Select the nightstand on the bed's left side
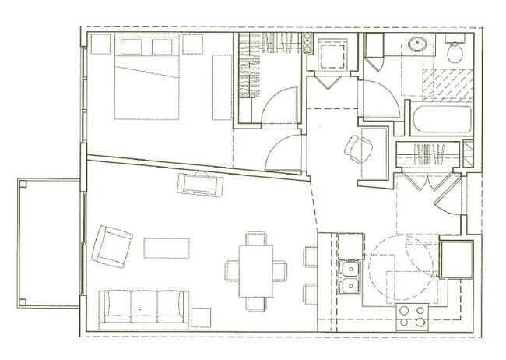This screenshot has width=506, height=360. coord(100,44)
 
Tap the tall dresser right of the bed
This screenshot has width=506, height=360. coord(222,86)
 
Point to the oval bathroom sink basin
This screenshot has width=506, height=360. coord(420,44)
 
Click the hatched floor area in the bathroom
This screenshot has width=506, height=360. coord(447,85)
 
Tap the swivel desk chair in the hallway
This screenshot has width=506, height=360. coord(359,149)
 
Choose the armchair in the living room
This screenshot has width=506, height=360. coord(111,246)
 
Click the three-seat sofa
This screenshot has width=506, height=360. coord(144,306)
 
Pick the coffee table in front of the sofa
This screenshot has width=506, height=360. coord(167,248)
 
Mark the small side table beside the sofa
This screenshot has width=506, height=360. coord(201,317)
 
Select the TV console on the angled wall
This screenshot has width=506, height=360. coord(200,185)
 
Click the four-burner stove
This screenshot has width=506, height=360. coord(412,316)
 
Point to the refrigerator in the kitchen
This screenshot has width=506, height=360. coord(455,259)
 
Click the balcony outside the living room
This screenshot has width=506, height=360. coord(49,242)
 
